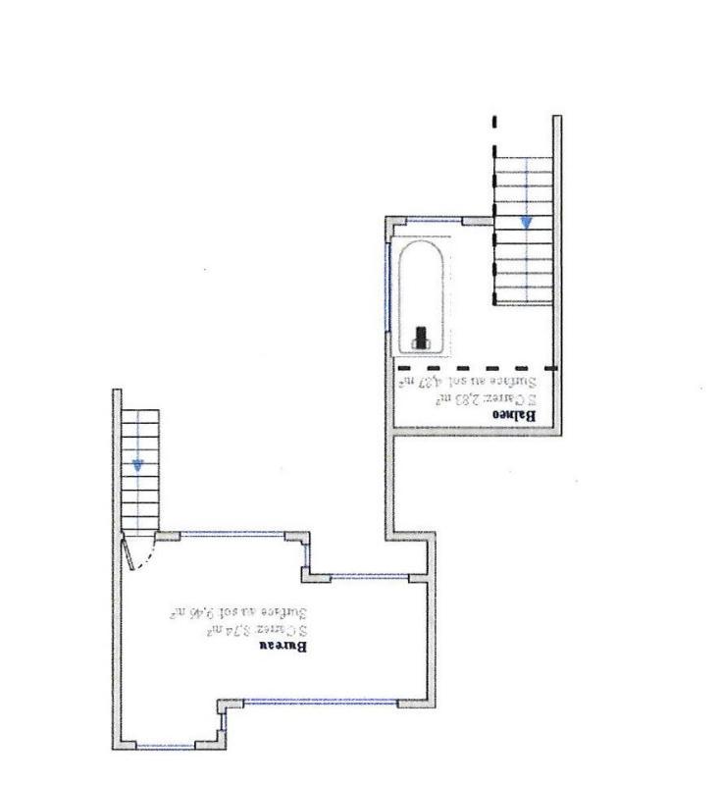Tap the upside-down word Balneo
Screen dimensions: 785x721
point(517,415)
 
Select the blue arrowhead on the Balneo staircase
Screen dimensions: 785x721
point(527,224)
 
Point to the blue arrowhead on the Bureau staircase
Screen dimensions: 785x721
point(137,465)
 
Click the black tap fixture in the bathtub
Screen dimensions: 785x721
point(422,337)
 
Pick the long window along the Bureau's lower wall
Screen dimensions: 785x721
point(320,701)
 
